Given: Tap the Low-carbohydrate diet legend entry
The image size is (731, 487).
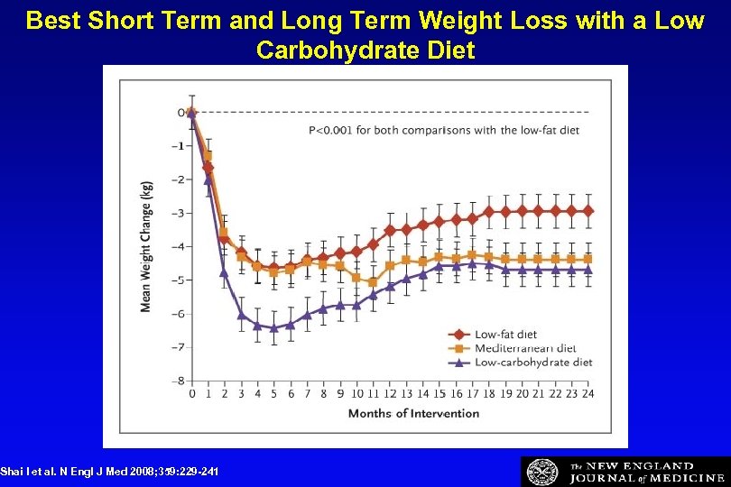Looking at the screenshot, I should tap(532, 362).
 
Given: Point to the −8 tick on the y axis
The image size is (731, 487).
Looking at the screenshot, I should tap(180, 381).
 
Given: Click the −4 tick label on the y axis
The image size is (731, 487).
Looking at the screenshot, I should tap(180, 246).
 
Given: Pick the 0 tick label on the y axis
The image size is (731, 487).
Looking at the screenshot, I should tap(180, 113).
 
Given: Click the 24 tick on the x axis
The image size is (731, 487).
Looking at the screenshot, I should tap(589, 394).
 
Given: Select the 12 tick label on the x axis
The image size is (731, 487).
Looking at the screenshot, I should tap(390, 394).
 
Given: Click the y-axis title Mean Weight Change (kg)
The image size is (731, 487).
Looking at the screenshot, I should tap(146, 245).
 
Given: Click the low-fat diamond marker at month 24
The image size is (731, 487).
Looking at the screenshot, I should tap(589, 210).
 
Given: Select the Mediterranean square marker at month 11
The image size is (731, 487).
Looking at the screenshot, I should tap(374, 282).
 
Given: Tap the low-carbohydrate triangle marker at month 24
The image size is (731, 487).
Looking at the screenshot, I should tap(589, 269).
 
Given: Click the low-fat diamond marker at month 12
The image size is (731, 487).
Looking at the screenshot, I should tap(390, 231).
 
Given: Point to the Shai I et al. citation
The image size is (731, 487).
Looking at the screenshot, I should tap(109, 472).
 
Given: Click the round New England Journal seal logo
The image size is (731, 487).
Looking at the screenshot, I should tap(542, 472).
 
